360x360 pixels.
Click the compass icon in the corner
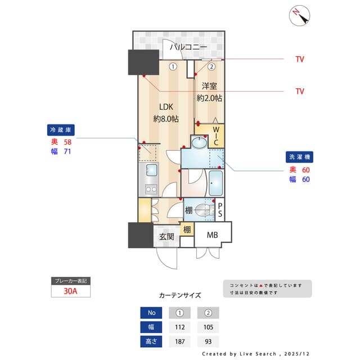point(300,16)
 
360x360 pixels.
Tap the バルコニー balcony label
point(188,47)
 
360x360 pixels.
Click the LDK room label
point(166,107)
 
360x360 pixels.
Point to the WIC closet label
point(215,136)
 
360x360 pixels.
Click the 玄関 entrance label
point(166,237)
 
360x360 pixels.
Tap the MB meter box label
point(212,235)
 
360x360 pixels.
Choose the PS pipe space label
point(220,210)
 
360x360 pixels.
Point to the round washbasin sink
point(200,142)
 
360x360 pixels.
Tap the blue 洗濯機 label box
point(300,157)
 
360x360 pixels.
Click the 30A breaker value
point(70,291)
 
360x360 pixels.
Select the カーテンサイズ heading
point(180,295)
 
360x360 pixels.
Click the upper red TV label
point(300,59)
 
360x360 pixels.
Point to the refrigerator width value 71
point(67,151)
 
